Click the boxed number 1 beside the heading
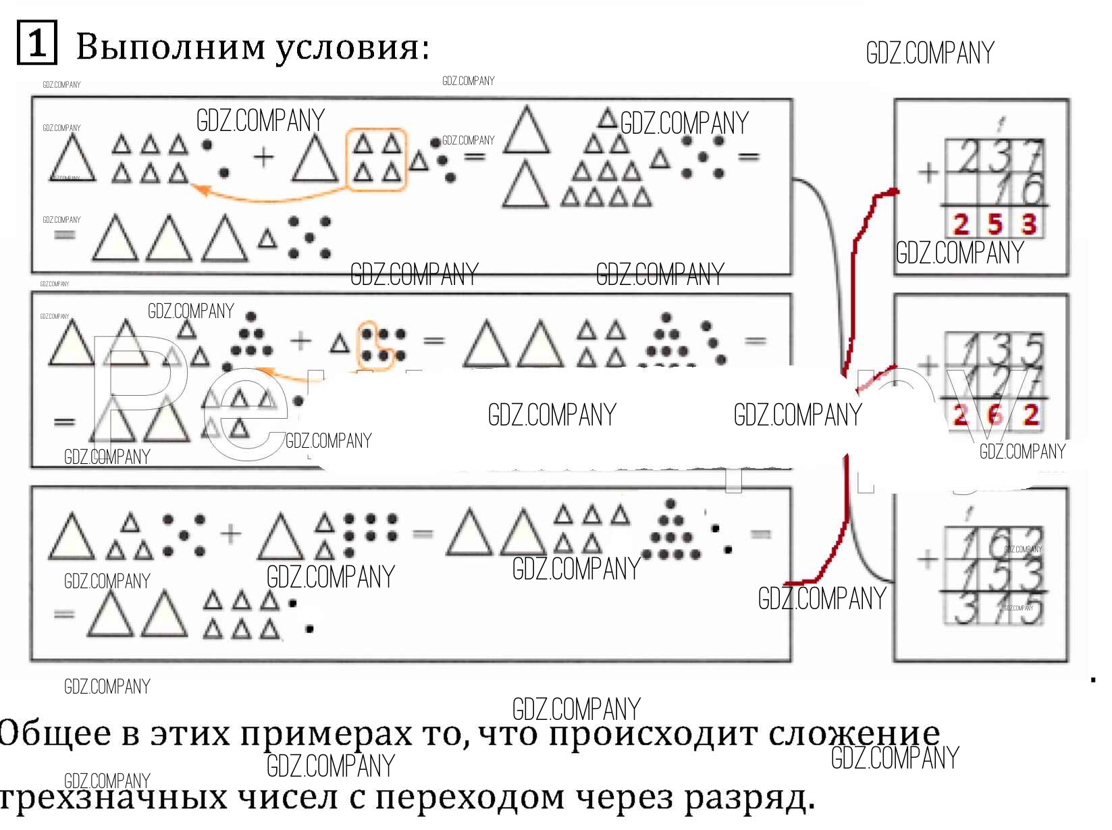(36, 44)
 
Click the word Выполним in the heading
(171, 47)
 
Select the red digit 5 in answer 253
(994, 224)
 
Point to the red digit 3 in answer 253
(1028, 224)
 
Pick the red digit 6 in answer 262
(995, 415)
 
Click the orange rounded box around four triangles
(376, 160)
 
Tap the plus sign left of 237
(929, 173)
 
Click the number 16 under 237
(1019, 189)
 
